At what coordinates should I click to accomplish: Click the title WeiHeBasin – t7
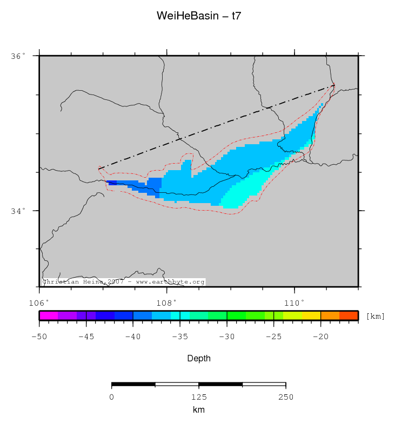198,16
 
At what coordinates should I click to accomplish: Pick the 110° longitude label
294,302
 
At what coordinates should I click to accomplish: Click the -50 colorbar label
39,336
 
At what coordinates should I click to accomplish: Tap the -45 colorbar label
86,336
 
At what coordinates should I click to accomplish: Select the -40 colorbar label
133,336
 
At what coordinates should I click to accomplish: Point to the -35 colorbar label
180,336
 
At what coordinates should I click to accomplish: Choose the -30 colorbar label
227,336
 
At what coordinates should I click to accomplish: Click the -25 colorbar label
274,336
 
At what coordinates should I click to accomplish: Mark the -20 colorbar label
321,336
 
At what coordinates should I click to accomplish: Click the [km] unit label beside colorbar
376,316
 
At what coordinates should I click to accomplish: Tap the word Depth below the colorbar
198,358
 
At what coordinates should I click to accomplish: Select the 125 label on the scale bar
198,397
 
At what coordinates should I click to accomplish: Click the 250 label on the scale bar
285,397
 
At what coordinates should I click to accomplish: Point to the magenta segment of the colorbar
48,315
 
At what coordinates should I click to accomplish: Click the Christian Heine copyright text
123,282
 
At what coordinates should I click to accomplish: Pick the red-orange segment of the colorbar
349,315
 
